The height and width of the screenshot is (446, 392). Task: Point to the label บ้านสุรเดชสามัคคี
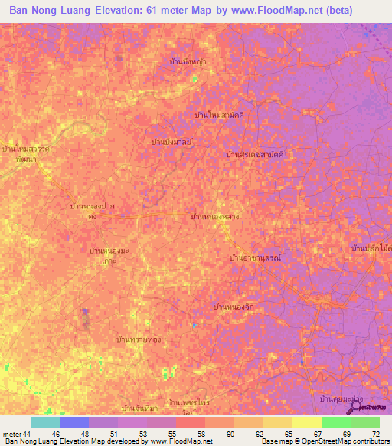point(260,155)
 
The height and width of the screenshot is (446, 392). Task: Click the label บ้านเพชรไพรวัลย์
point(184,406)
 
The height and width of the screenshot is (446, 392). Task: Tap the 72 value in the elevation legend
point(374,434)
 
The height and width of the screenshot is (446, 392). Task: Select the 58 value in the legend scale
point(191,434)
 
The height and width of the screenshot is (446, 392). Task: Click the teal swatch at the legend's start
point(44,422)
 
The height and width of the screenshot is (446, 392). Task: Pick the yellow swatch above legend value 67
point(306,422)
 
